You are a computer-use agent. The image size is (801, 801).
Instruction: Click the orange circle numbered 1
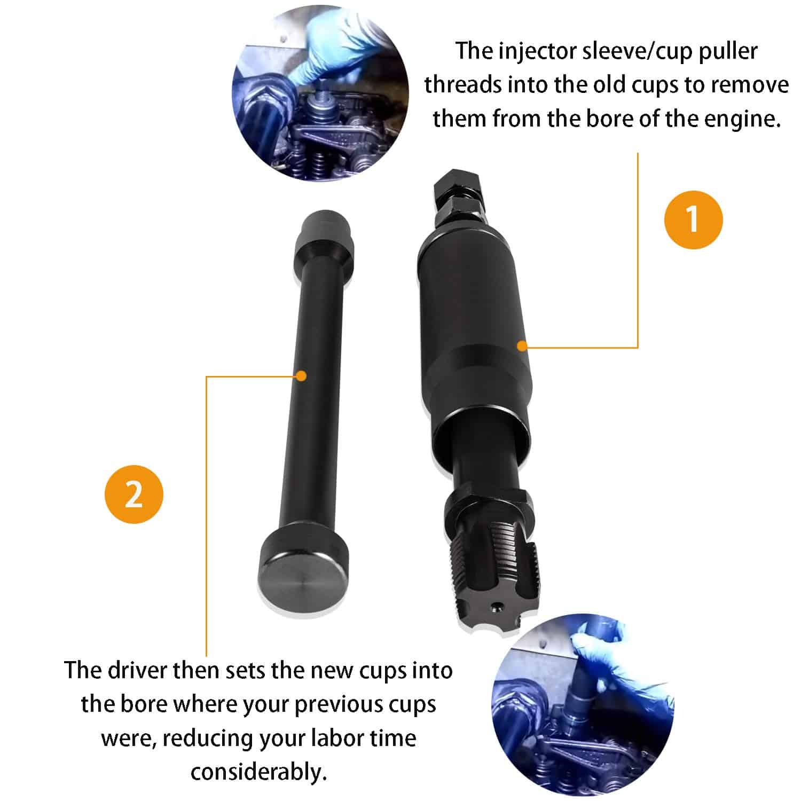pyautogui.click(x=693, y=219)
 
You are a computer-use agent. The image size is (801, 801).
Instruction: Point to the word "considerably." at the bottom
pyautogui.click(x=258, y=772)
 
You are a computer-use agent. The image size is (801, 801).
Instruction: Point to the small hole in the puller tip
pyautogui.click(x=498, y=608)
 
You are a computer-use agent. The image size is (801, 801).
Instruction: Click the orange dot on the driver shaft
pyautogui.click(x=302, y=376)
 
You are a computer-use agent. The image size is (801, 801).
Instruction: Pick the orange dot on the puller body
pyautogui.click(x=522, y=346)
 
